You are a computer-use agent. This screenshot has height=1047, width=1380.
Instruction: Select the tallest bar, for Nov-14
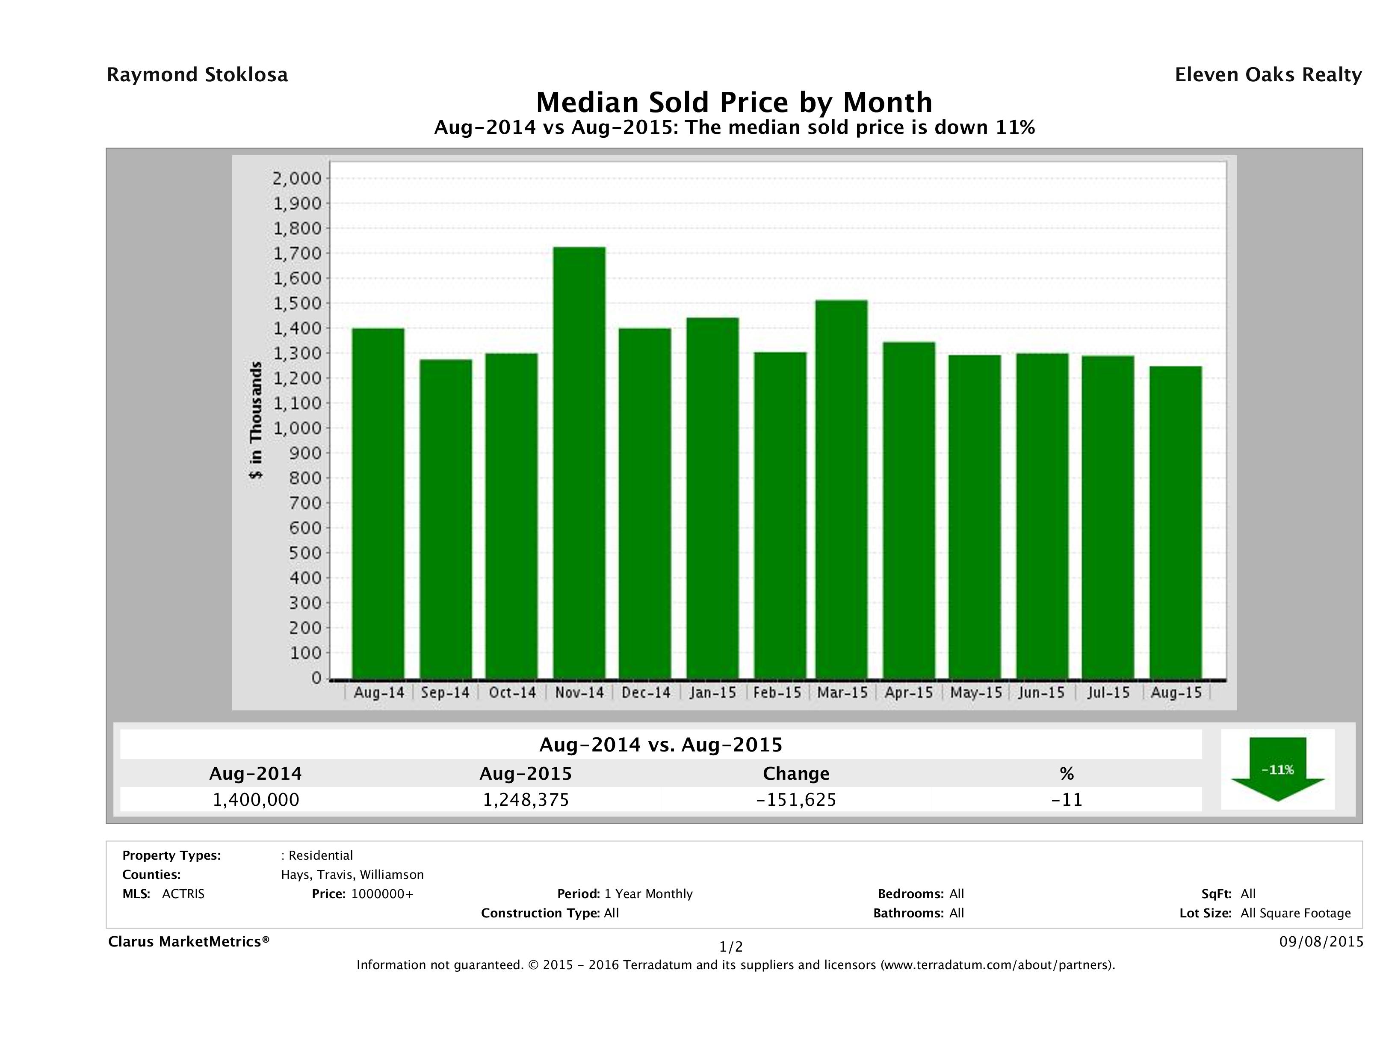[x=579, y=462]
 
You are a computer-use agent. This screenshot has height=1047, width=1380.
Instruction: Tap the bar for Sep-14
[x=446, y=518]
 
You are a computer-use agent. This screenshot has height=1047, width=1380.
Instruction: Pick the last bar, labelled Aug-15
[x=1175, y=522]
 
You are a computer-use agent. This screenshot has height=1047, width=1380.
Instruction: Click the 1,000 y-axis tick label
[x=296, y=429]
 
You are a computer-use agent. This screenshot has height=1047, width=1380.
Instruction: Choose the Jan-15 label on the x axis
[x=712, y=692]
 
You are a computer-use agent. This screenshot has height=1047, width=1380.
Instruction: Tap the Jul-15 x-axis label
[x=1108, y=692]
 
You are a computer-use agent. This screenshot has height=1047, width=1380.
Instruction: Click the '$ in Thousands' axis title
[x=256, y=420]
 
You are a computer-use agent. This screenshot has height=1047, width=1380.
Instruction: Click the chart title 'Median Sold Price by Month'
[x=734, y=102]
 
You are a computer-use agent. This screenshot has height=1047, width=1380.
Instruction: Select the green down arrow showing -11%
[x=1277, y=769]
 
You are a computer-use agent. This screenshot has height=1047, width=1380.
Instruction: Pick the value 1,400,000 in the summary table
[x=256, y=800]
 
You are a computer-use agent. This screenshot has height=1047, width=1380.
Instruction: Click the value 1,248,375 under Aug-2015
[x=526, y=800]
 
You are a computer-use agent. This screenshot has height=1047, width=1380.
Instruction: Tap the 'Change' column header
[x=796, y=774]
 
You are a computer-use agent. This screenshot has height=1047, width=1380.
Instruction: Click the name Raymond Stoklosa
[x=197, y=75]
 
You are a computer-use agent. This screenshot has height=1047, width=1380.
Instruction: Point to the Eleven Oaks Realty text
[x=1268, y=75]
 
